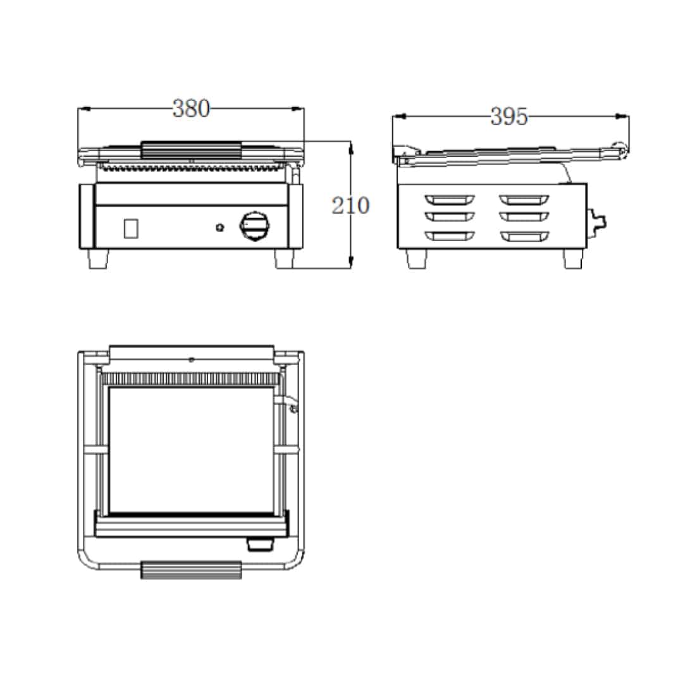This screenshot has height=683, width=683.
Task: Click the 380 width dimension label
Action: pyautogui.click(x=191, y=109)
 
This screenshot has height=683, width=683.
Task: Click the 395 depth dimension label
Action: pyautogui.click(x=508, y=116)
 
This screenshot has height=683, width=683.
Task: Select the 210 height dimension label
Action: pyautogui.click(x=350, y=205)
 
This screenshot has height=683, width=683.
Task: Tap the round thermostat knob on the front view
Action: pyautogui.click(x=254, y=226)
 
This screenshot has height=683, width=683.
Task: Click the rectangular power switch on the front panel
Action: pyautogui.click(x=131, y=228)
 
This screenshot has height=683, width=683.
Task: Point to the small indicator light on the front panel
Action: pyautogui.click(x=220, y=227)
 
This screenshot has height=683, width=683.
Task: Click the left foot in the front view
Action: pyautogui.click(x=99, y=259)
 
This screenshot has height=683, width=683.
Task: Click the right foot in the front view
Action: pyautogui.click(x=285, y=259)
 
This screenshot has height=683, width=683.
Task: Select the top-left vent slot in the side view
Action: pyautogui.click(x=450, y=199)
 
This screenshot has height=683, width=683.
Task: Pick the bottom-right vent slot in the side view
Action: pyautogui.click(x=524, y=236)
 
